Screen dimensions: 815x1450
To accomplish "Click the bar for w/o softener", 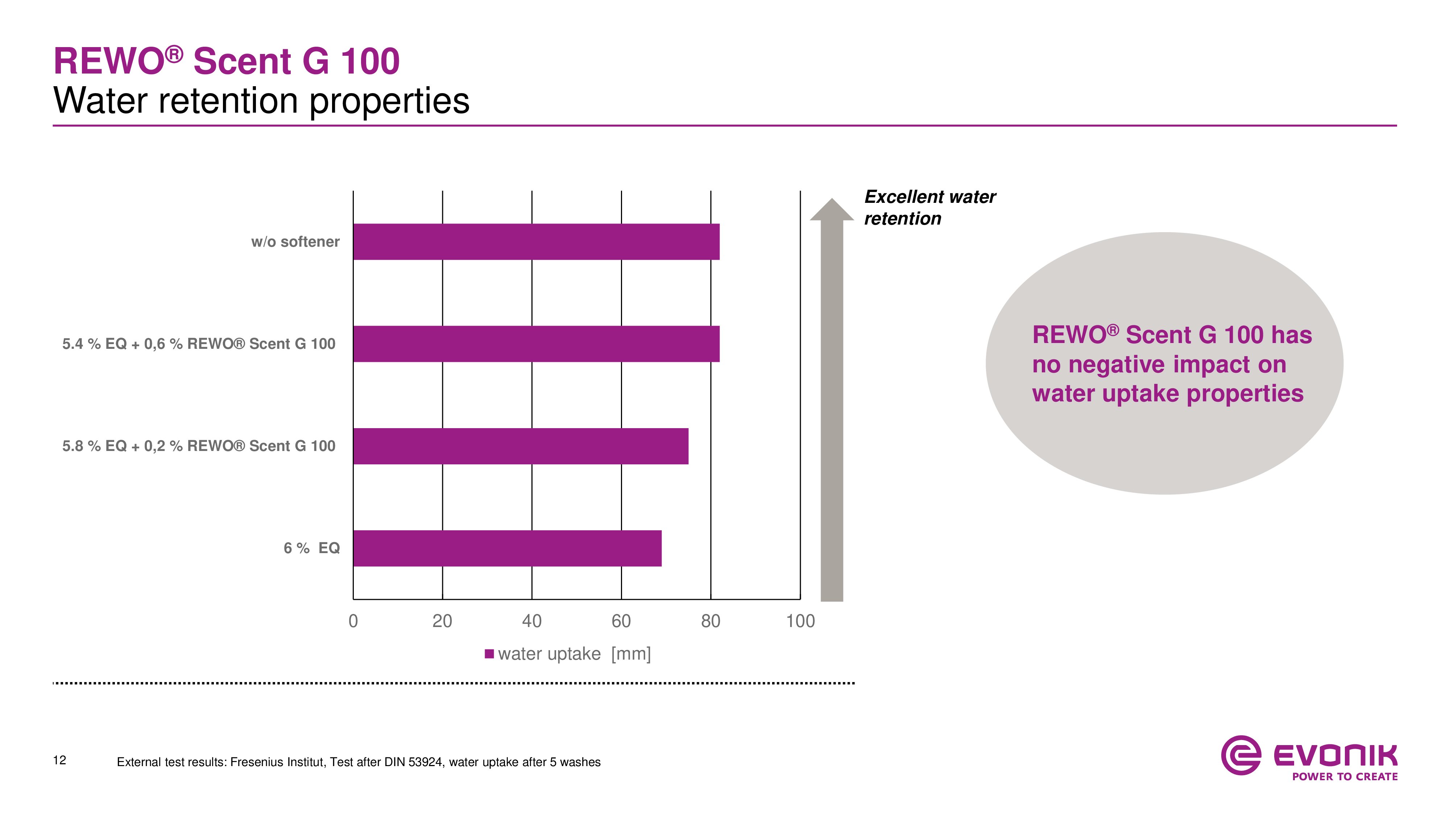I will click(536, 242).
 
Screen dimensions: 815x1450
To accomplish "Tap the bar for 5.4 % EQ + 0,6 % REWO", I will click(536, 344).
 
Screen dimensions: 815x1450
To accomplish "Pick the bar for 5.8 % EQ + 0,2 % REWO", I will click(520, 446).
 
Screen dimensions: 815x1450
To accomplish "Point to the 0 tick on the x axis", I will click(353, 621).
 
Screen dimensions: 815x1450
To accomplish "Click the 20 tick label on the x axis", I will click(442, 621).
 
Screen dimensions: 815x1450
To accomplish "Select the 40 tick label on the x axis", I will click(531, 621).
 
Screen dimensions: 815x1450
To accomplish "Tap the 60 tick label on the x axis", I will click(621, 621).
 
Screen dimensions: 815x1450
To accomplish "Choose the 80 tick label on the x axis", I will click(710, 621).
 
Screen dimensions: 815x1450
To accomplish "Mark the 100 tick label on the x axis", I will click(800, 621).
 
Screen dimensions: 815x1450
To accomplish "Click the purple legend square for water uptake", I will click(489, 653).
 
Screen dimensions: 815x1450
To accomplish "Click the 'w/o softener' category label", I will click(295, 242).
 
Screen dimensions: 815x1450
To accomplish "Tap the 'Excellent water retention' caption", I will click(929, 208).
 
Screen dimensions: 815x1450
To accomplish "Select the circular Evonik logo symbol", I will click(1240, 755).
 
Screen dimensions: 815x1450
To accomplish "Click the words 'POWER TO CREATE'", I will click(1345, 777).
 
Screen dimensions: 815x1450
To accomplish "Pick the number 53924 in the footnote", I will click(425, 762).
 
